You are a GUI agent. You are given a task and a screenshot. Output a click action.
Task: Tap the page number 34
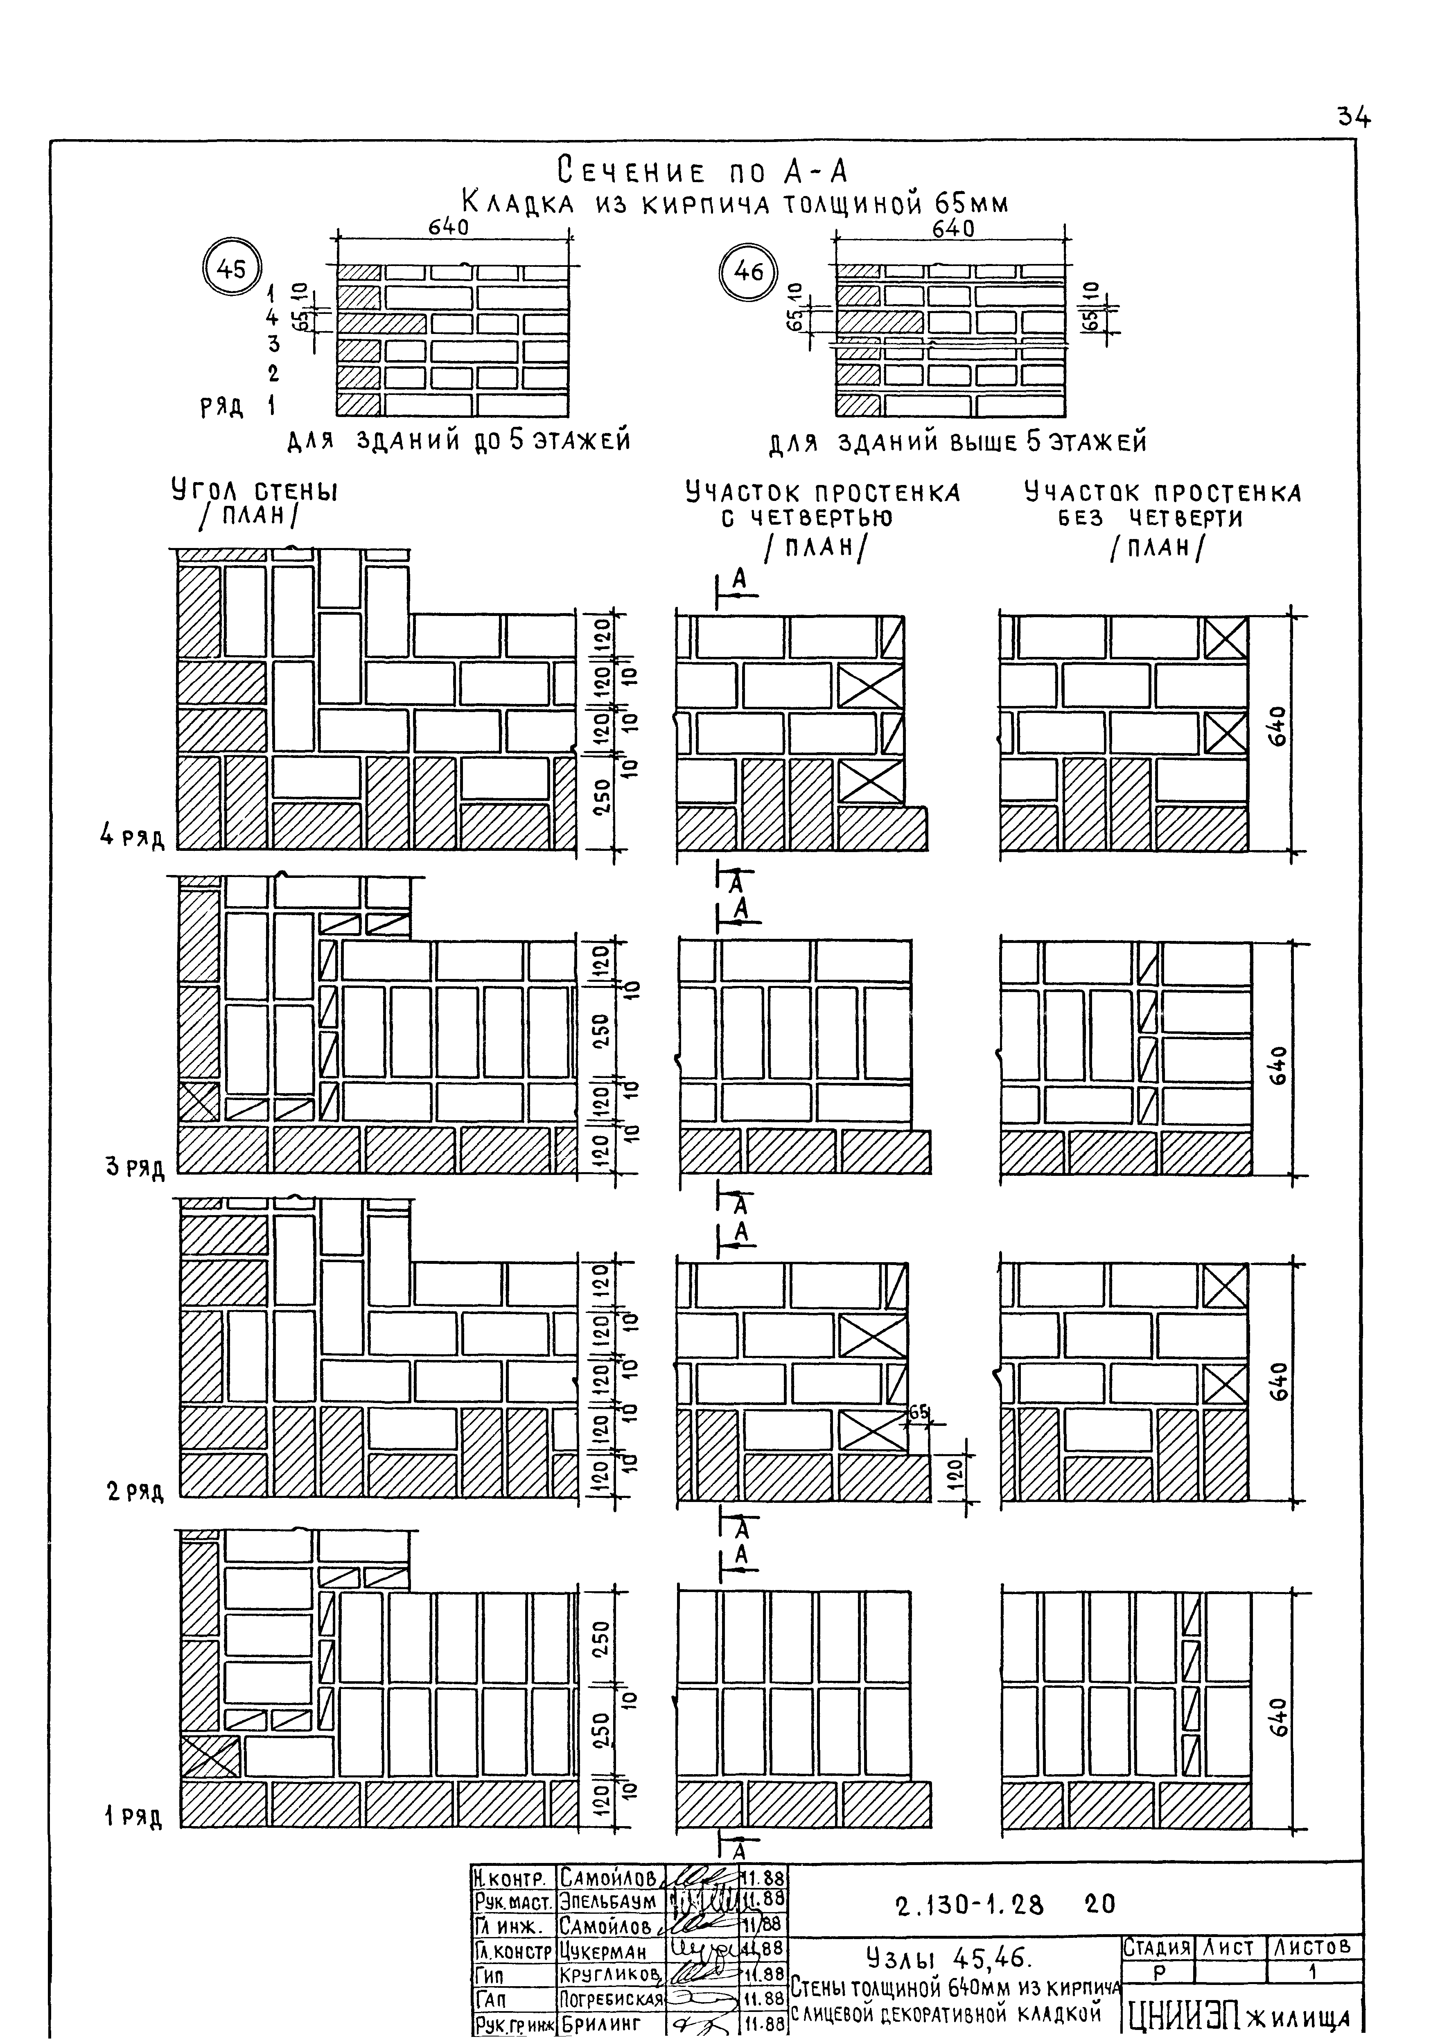click(1353, 117)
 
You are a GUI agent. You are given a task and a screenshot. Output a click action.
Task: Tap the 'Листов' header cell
click(1314, 1946)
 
